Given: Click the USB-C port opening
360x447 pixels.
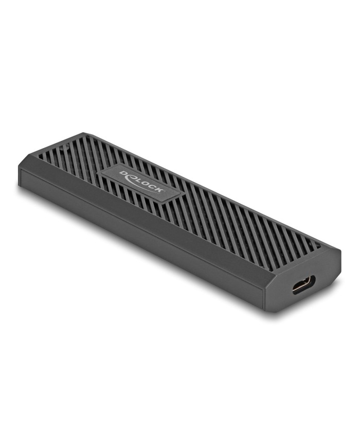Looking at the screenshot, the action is click(x=303, y=284).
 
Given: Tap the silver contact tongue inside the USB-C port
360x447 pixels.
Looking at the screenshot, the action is click(x=304, y=284).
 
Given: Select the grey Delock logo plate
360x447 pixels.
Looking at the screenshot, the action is click(x=140, y=183).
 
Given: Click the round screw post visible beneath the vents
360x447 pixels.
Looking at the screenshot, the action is click(x=67, y=148).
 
